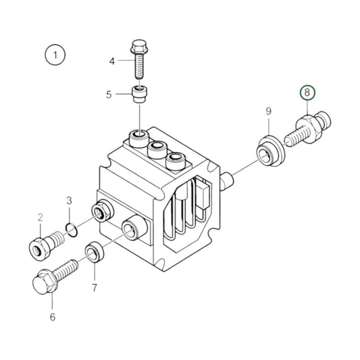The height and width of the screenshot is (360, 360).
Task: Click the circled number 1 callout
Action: pyautogui.click(x=54, y=54)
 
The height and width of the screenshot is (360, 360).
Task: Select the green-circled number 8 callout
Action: pyautogui.click(x=307, y=93)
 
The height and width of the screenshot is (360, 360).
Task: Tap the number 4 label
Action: pyautogui.click(x=113, y=61)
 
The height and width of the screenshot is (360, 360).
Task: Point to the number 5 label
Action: pyautogui.click(x=108, y=95)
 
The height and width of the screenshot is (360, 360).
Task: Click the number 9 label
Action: pyautogui.click(x=268, y=111)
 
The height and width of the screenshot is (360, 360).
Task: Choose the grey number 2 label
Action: pyautogui.click(x=40, y=217)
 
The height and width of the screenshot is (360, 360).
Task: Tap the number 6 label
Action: pyautogui.click(x=52, y=316)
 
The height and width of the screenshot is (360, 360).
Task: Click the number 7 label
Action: pyautogui.click(x=95, y=288)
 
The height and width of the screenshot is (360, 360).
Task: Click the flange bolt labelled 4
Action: pyautogui.click(x=140, y=61)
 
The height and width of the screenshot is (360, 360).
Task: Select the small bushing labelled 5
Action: pyautogui.click(x=139, y=93)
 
